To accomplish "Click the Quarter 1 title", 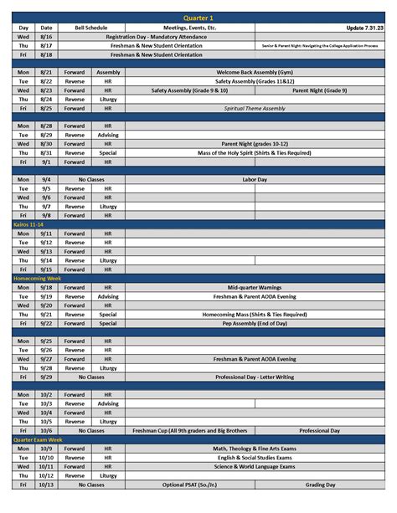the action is coord(198,18).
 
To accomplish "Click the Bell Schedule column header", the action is coord(90,28).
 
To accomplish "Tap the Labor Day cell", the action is coord(254,179).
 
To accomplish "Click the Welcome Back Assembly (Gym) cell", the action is coord(254,73).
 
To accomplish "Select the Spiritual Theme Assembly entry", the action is coord(254,109).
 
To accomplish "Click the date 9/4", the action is coord(46,179).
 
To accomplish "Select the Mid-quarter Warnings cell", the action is coord(254,287).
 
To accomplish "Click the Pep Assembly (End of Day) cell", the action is coord(254,323).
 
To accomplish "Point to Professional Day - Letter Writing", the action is coord(254,377).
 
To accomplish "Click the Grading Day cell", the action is coord(319,485).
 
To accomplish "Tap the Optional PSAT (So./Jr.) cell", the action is coord(190,485).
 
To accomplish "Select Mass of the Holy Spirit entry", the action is coord(254,152).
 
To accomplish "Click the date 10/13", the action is coord(46,485).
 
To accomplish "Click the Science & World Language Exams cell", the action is coord(254,466).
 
